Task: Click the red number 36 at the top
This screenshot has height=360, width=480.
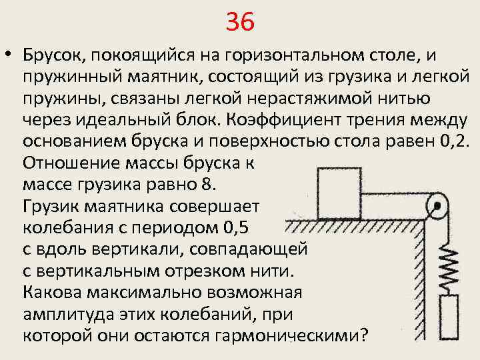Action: pyautogui.click(x=240, y=23)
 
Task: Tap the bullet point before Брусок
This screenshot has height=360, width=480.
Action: pyautogui.click(x=9, y=55)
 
